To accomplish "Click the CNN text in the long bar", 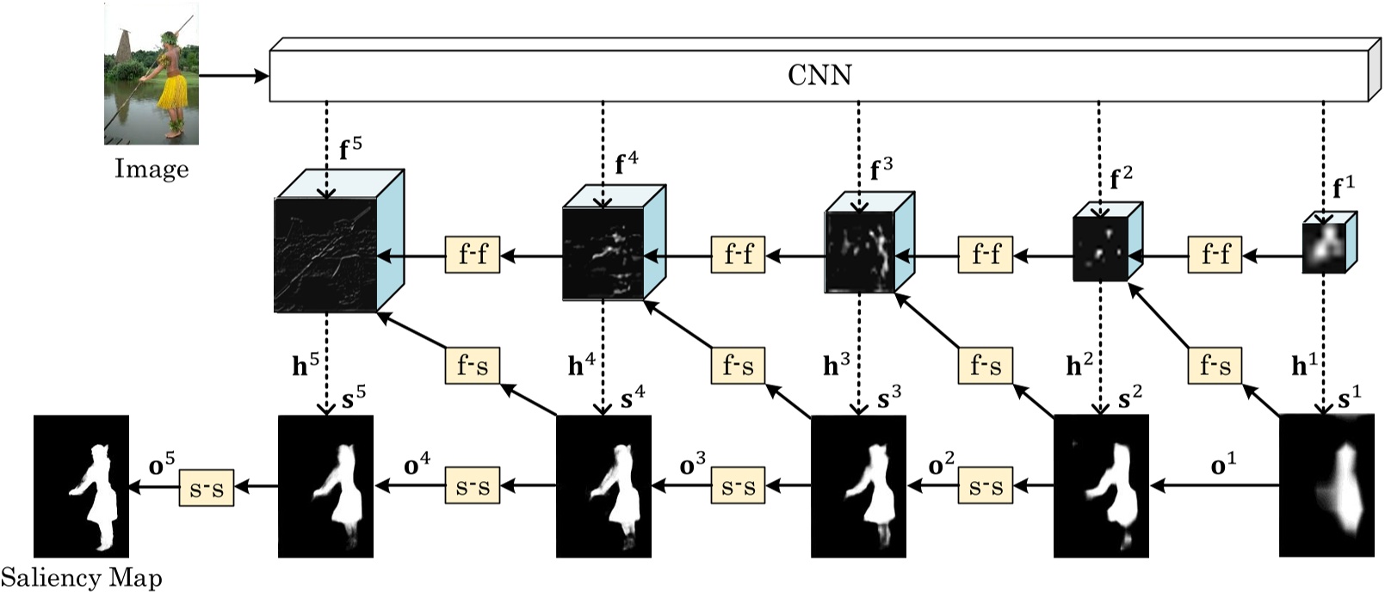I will [x=819, y=75].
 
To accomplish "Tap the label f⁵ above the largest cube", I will [x=349, y=147].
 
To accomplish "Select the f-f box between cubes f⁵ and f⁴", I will [x=472, y=255].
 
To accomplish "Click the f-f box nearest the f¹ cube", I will [x=1215, y=255].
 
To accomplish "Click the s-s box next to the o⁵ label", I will [x=206, y=488].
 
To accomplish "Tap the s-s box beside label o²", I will [x=985, y=488].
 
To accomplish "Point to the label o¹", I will [x=1222, y=466].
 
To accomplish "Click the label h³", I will [x=836, y=366].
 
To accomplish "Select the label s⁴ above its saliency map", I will [x=632, y=398].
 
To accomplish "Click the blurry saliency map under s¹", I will [x=1326, y=485].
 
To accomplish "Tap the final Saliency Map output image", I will [x=81, y=485].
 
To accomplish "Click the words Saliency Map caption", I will [x=81, y=577].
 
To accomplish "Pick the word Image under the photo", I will [x=151, y=168].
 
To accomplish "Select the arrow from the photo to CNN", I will [x=233, y=76].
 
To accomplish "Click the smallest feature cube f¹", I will [x=1326, y=243].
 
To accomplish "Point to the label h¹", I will [x=1303, y=366].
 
